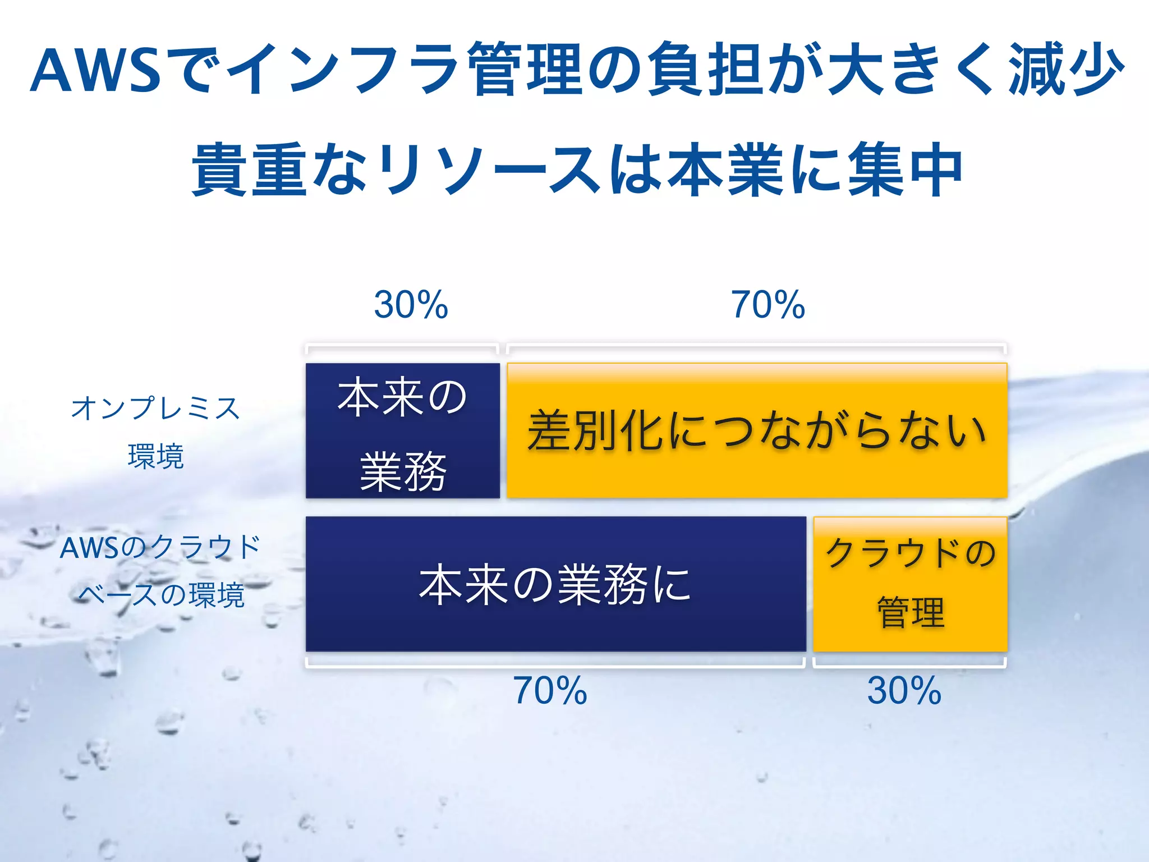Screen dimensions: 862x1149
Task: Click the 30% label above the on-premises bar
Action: [x=411, y=305]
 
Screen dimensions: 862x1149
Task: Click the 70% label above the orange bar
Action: [x=767, y=305]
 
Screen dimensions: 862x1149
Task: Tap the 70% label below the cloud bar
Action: [x=550, y=690]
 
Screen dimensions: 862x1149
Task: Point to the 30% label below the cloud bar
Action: [x=904, y=690]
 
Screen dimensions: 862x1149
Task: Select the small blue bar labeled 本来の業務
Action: [x=402, y=430]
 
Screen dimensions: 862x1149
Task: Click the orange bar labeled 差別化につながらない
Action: [x=756, y=430]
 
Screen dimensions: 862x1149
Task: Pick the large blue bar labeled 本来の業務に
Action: [x=555, y=584]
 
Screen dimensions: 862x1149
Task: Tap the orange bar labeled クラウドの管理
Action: [x=910, y=584]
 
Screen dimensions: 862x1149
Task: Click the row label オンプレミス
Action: [x=155, y=408]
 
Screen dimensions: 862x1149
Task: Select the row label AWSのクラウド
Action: [x=160, y=548]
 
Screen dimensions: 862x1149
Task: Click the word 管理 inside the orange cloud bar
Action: [x=910, y=612]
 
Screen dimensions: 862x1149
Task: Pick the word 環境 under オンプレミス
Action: [x=155, y=456]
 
